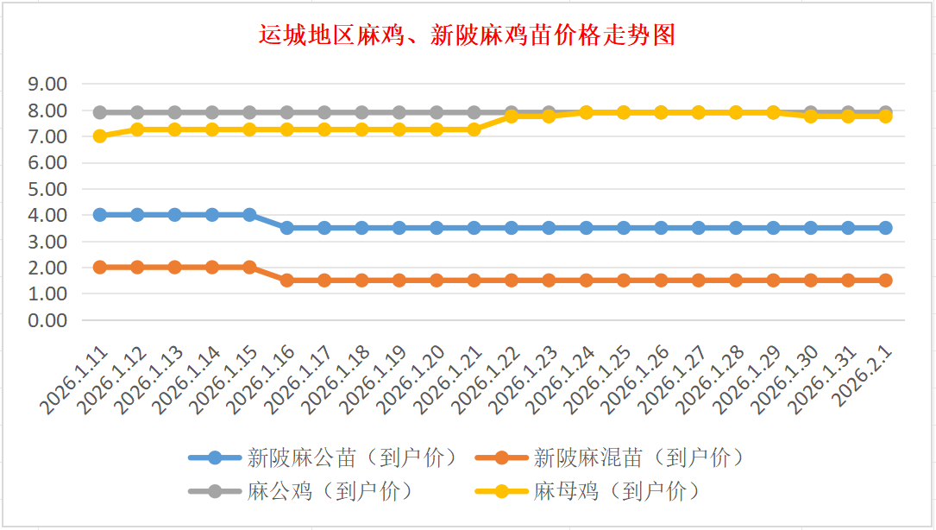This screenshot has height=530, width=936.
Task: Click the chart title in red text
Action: pos(467,35)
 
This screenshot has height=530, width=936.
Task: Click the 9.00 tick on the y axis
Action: pos(47,85)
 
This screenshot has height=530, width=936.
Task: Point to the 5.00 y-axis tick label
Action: pos(47,189)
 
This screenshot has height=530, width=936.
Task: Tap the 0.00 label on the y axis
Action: pos(47,320)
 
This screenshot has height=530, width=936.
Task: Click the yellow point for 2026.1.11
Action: pos(100,136)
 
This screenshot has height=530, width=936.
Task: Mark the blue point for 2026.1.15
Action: pos(250,214)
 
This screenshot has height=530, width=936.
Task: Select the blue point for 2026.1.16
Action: pos(287,228)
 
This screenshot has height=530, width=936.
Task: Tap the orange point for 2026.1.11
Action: pos(100,267)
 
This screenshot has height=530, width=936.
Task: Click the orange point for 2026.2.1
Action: pos(885,281)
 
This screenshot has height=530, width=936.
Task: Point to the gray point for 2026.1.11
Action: pos(100,112)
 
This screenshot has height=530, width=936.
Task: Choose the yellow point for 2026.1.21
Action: pos(474,129)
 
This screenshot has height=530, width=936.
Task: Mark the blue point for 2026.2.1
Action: pos(885,228)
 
